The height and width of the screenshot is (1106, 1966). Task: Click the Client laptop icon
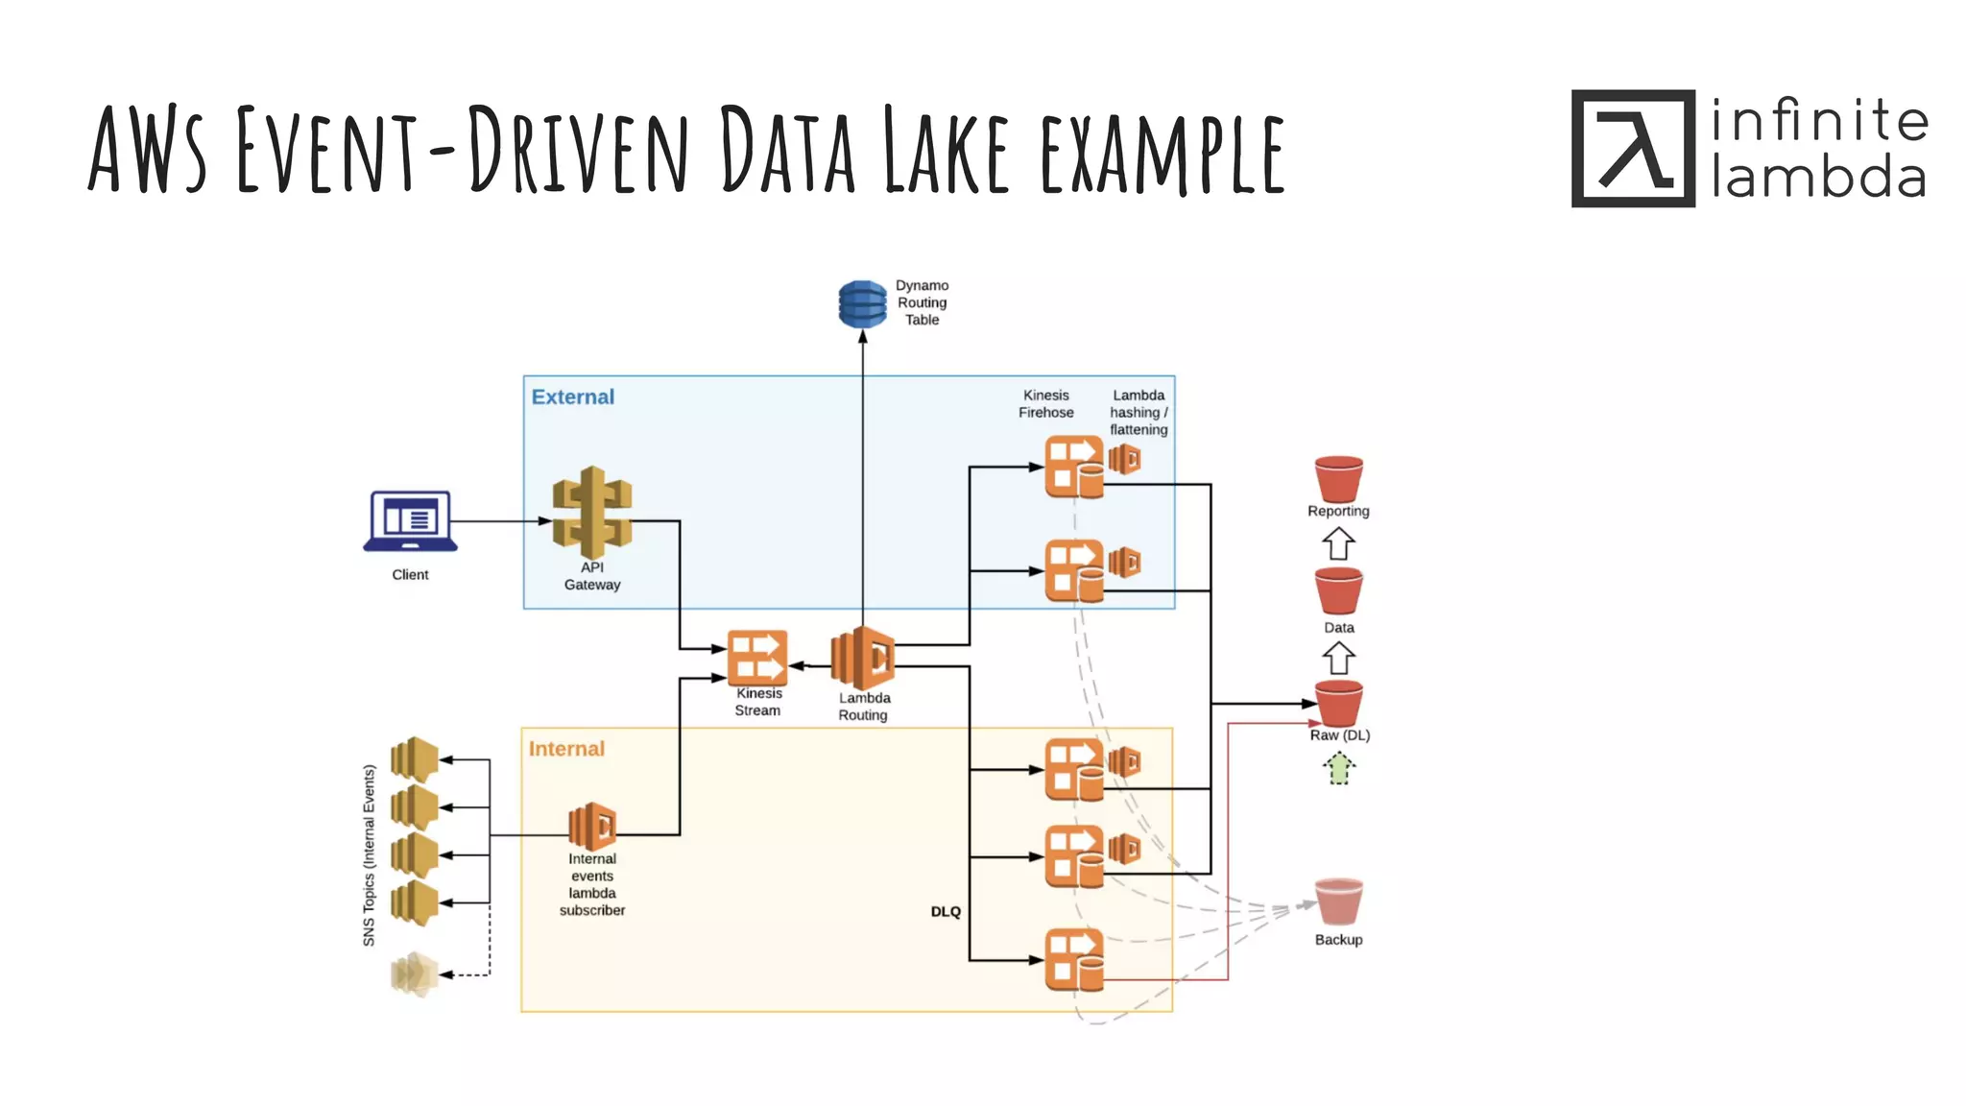click(410, 521)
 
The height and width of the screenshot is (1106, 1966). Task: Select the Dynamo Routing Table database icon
click(862, 304)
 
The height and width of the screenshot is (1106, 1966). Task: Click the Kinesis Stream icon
click(757, 657)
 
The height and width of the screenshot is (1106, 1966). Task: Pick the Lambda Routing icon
click(863, 658)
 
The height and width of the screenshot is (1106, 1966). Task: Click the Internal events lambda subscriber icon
click(592, 826)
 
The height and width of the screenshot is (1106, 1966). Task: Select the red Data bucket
click(1338, 590)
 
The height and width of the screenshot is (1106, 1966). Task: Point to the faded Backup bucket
click(1338, 902)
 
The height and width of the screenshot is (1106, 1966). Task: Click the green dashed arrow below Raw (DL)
click(1338, 768)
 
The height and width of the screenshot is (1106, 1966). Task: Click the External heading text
click(572, 397)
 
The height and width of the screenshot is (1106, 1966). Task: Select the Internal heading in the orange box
click(566, 749)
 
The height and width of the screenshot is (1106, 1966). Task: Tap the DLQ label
click(946, 911)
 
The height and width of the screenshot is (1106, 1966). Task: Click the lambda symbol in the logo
click(1633, 149)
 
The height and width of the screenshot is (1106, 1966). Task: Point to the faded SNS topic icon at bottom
click(415, 974)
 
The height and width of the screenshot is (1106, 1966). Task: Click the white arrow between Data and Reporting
click(1338, 543)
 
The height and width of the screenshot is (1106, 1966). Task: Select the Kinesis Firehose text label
click(1045, 403)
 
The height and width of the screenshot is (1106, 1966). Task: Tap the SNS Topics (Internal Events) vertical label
click(370, 854)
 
